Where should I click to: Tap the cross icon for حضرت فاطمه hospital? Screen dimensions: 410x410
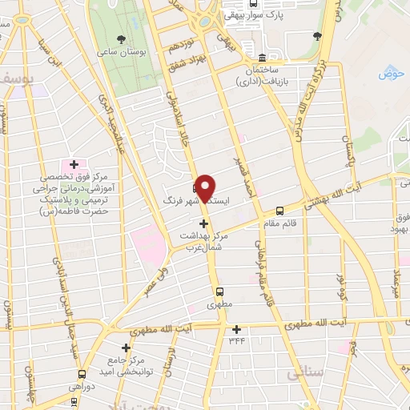[74, 164]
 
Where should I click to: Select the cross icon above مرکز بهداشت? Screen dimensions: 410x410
[205, 223]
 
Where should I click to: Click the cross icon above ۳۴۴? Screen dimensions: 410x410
[236, 328]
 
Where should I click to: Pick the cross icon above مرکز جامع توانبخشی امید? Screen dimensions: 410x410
[126, 348]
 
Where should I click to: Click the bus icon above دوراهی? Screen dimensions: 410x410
[82, 373]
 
